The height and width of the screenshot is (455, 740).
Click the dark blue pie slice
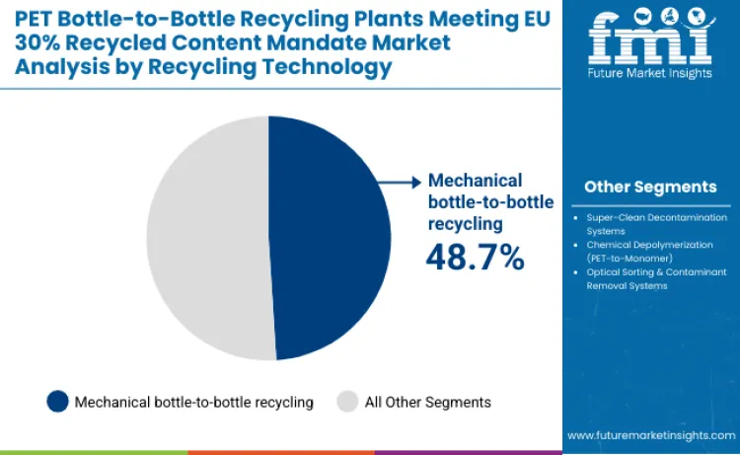331,237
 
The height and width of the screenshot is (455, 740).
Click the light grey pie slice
207,237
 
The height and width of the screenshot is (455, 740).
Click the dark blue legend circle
58,402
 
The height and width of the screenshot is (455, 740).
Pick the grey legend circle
347,402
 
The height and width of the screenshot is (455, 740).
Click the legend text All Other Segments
427,402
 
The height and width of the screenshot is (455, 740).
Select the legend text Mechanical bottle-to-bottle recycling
194,402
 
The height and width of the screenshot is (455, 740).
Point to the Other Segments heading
650,187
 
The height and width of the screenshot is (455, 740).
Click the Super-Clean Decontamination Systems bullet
652,223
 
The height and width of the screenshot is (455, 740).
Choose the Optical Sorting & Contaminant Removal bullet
652,279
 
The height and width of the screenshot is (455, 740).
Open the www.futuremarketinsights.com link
650,434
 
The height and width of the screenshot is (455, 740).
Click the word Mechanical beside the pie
474,181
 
